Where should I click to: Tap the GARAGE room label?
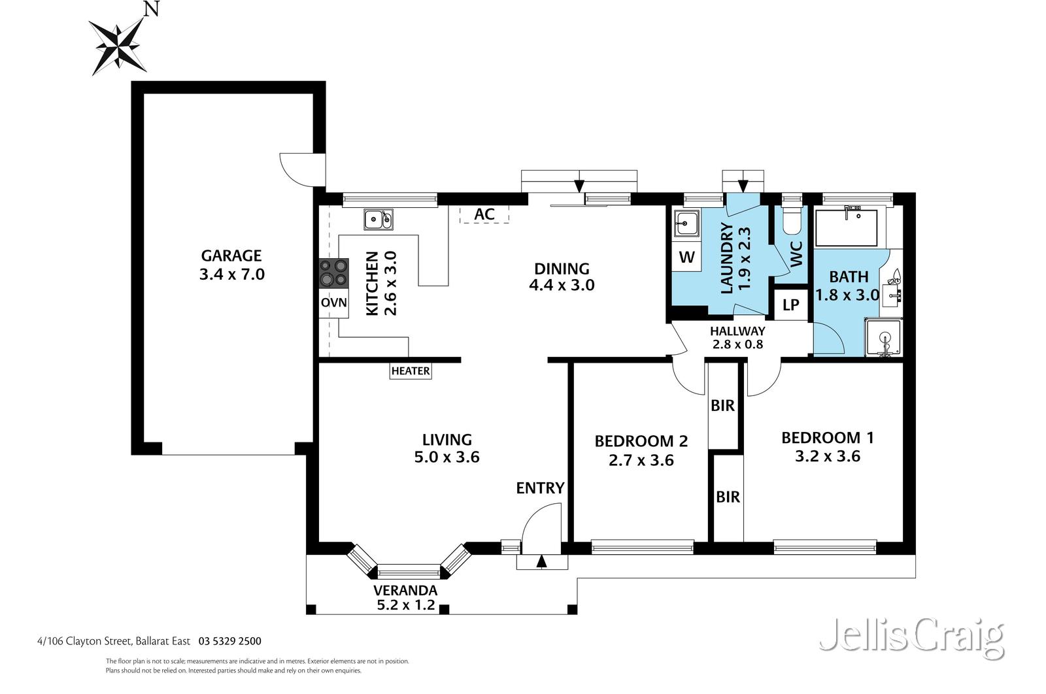[x=231, y=256]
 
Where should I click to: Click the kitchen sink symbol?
[x=378, y=220]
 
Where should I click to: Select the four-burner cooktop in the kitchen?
[x=333, y=273]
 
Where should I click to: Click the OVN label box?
[x=333, y=303]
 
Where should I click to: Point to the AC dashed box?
[x=484, y=214]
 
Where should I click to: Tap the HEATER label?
[x=411, y=371]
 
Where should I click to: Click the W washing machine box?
[x=686, y=257]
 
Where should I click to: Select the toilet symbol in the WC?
[x=791, y=221]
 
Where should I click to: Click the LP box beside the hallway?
[x=790, y=305]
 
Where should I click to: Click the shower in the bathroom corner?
[x=883, y=338]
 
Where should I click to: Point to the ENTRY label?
[x=540, y=488]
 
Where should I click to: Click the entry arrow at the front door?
[x=541, y=561]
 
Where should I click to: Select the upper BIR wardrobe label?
[x=722, y=406]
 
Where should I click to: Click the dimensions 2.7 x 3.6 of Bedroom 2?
[x=641, y=461]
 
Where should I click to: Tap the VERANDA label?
[x=405, y=590]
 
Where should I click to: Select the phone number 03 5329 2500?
[x=229, y=642]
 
